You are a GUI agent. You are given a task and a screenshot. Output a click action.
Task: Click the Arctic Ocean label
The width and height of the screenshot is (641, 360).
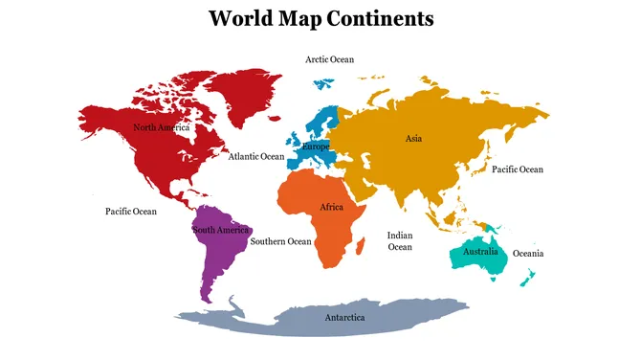pos(329,59)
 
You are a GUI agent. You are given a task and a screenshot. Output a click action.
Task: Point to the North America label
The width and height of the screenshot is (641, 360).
pos(161,127)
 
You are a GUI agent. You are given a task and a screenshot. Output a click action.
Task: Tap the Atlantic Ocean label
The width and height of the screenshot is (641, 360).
pos(255,156)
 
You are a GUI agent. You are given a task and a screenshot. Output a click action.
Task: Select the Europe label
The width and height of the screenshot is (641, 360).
pos(316,147)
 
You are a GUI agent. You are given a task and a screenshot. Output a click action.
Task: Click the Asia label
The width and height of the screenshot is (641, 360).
pos(413,139)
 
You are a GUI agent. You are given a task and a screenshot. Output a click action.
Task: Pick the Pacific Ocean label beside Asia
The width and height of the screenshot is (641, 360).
pos(517,169)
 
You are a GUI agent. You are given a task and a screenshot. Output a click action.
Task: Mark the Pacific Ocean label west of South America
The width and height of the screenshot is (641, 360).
pos(130,212)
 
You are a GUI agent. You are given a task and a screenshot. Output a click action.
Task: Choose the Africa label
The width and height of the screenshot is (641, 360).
pos(331,208)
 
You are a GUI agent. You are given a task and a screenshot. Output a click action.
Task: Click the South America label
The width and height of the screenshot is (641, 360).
pos(221,231)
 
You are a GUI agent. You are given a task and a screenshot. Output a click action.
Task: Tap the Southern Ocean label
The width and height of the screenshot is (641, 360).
pos(280,242)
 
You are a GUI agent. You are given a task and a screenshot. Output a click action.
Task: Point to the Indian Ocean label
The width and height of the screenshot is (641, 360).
pos(400,241)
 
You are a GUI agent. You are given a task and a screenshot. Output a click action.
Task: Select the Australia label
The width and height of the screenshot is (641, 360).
pos(480,252)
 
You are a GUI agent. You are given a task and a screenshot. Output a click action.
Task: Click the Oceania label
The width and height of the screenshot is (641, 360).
pos(528,254)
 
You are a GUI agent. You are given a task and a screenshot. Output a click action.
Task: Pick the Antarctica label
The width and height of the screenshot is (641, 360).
pos(344,317)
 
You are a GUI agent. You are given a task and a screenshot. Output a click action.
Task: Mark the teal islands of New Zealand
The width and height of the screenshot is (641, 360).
pos(526,278)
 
